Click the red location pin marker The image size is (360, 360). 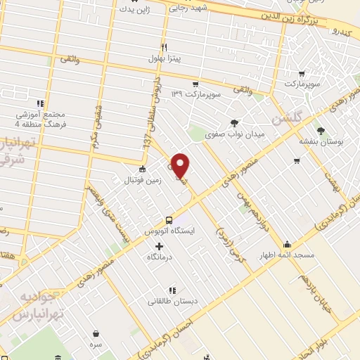(181, 167)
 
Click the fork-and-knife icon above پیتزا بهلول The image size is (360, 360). (163, 48)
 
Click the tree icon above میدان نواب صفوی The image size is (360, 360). (235, 121)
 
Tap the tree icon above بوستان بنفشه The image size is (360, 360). (321, 131)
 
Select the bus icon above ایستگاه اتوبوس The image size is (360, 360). (168, 219)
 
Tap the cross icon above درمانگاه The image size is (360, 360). (159, 246)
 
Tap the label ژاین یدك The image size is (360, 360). (134, 10)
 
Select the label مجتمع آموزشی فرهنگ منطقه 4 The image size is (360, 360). (41, 119)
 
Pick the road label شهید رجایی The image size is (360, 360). (187, 7)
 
